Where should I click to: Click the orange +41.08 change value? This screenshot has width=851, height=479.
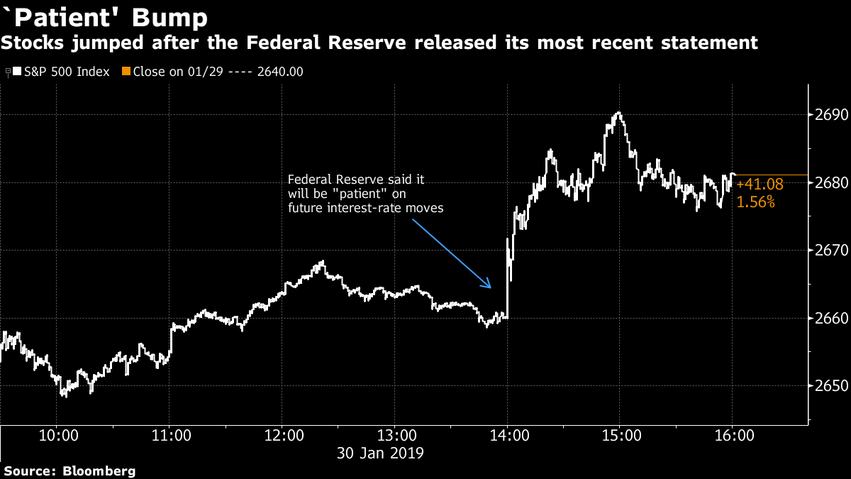click(760, 185)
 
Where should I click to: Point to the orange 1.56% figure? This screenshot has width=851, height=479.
click(756, 202)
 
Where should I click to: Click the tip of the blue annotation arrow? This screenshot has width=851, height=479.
click(491, 287)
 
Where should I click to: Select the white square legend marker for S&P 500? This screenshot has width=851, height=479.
click(16, 72)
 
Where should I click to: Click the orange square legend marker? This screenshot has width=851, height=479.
click(126, 72)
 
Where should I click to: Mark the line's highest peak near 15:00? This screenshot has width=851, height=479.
click(618, 113)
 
